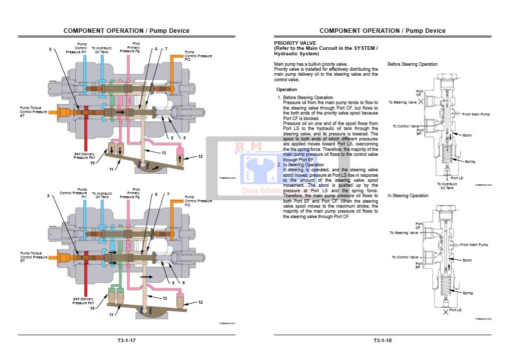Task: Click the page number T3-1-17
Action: [x=127, y=341]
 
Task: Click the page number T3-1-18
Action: [x=383, y=341]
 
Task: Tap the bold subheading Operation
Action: [x=287, y=90]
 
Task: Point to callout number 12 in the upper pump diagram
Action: [x=200, y=156]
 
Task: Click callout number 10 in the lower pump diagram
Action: [x=92, y=308]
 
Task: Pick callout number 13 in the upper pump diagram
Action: [x=164, y=152]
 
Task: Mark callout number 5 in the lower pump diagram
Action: [x=49, y=196]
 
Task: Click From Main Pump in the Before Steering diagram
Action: [x=476, y=115]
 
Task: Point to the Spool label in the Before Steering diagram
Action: [x=467, y=135]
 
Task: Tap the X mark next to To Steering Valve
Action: [x=421, y=101]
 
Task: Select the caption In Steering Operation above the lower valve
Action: [x=408, y=196]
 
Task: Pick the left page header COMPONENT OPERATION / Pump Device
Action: [x=127, y=30]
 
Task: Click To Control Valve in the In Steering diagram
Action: [x=405, y=257]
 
